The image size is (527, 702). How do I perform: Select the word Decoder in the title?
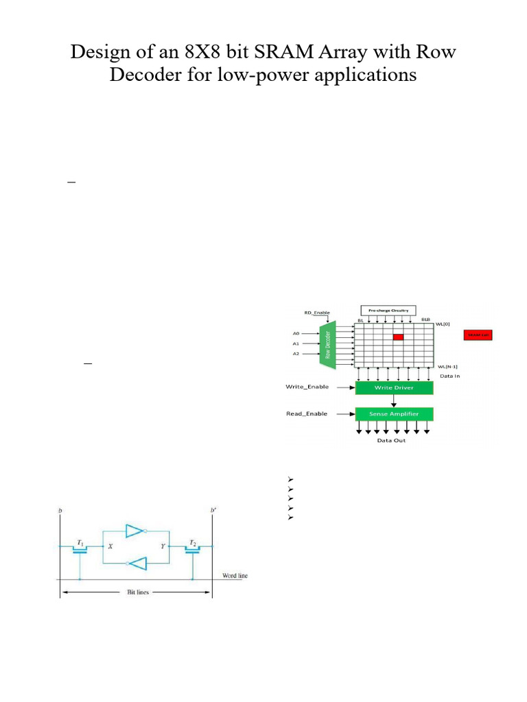pos(145,75)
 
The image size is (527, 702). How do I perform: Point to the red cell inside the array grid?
pos(398,337)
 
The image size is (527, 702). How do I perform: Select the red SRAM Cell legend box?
pos(478,335)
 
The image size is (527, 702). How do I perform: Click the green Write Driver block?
pos(395,388)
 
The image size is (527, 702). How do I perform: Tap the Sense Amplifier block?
pos(395,414)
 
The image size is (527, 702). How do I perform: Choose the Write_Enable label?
pos(307,387)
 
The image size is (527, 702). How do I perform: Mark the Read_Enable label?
pos(307,413)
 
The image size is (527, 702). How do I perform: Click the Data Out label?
pos(392,440)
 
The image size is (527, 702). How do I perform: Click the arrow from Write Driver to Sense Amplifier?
pos(394,401)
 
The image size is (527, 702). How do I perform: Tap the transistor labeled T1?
pos(80,546)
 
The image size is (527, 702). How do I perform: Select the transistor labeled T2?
pos(193,546)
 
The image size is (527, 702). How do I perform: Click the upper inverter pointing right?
pos(134,531)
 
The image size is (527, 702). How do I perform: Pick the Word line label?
pos(234,576)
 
